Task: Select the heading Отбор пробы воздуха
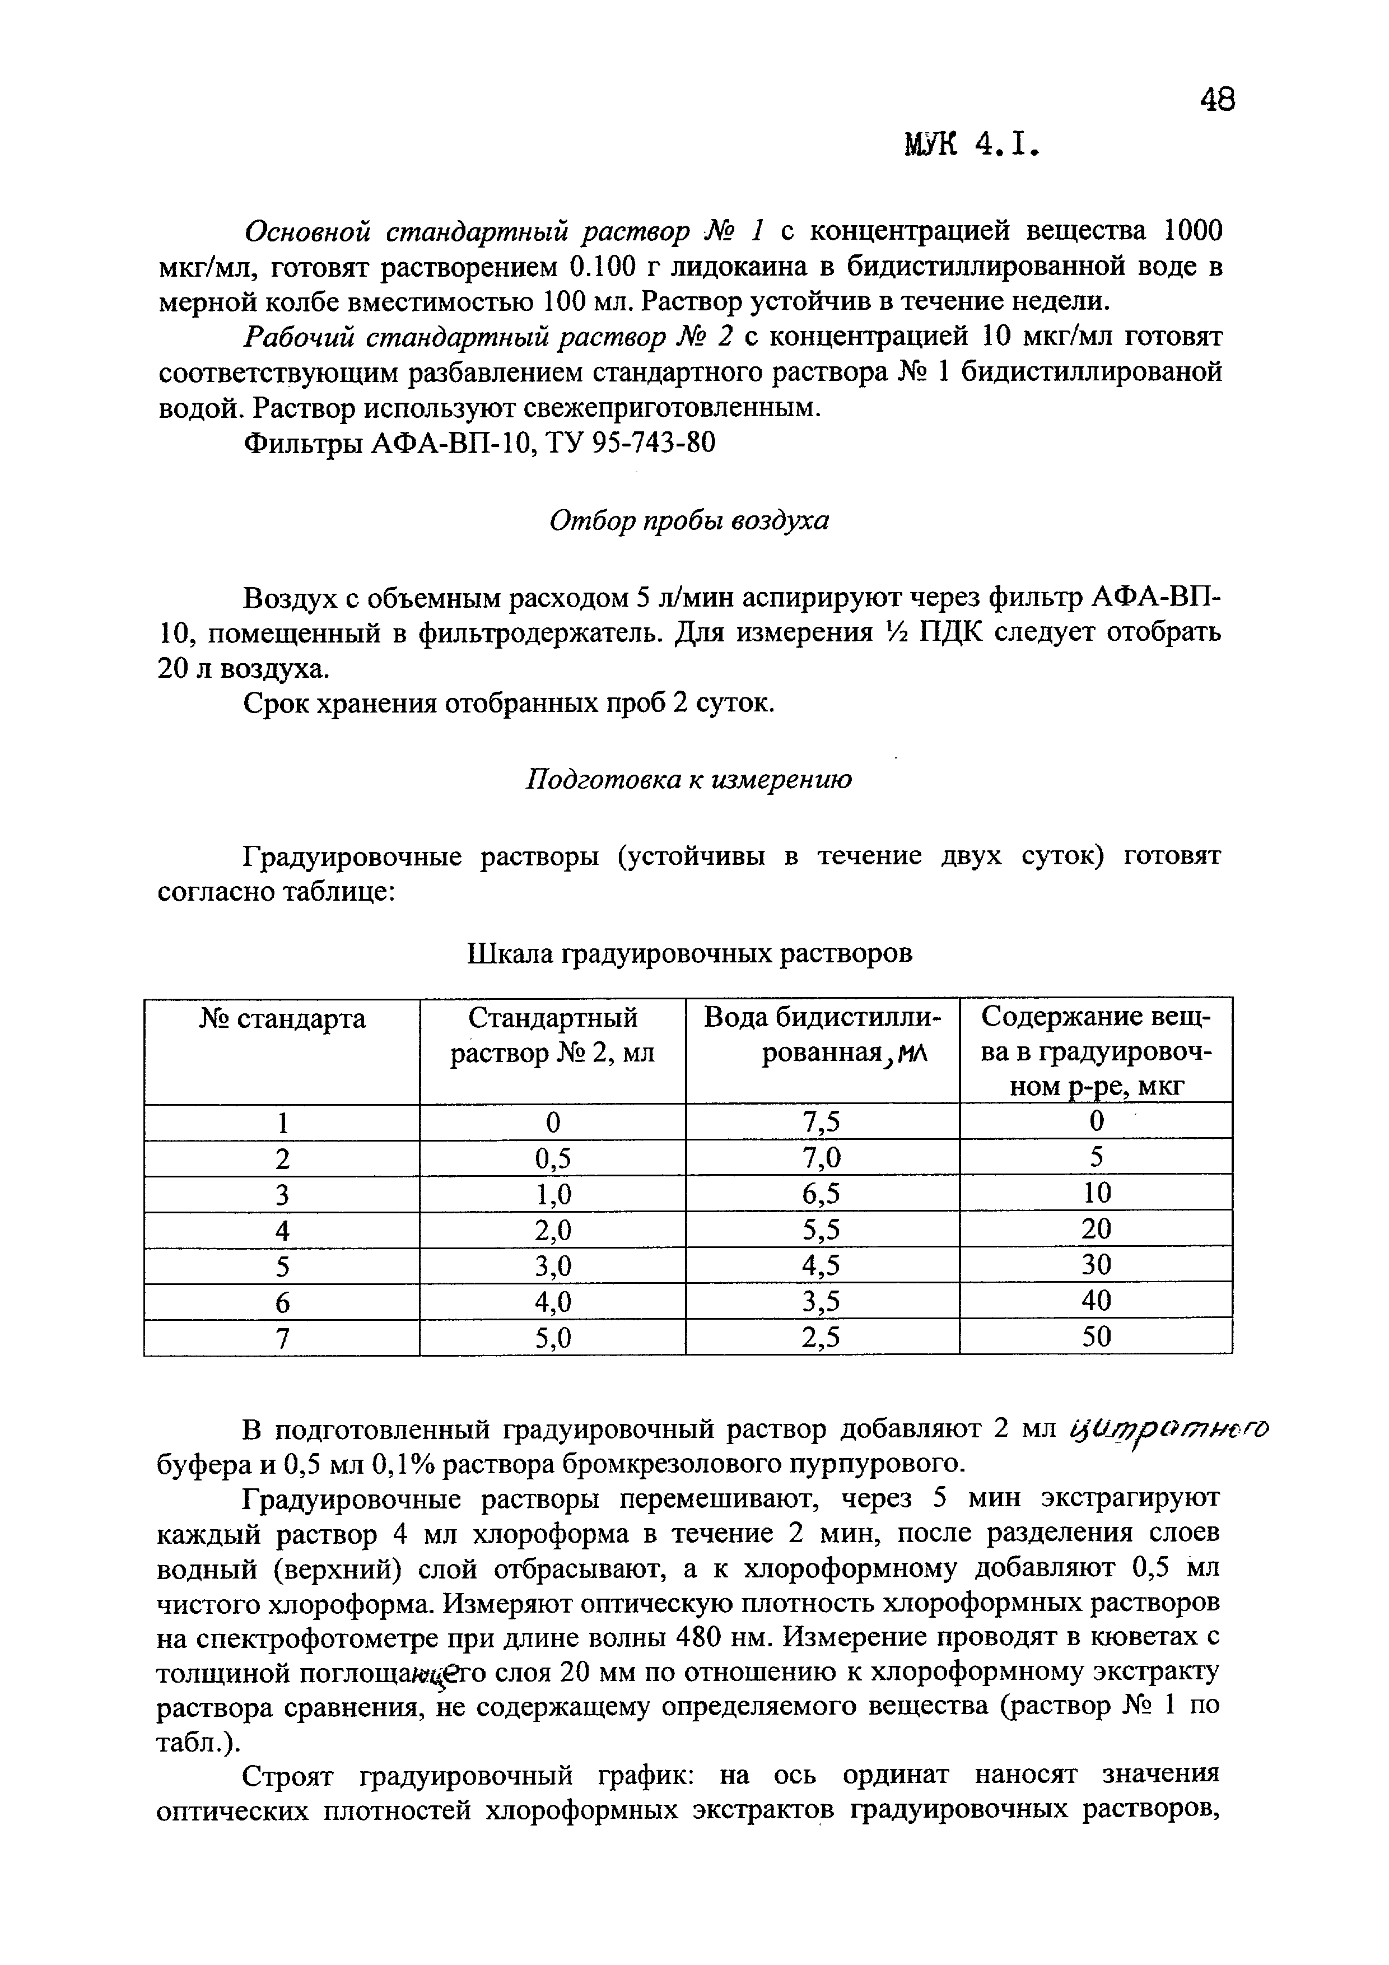689,520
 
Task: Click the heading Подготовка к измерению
688,780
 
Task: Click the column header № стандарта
282,1019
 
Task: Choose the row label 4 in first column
282,1231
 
